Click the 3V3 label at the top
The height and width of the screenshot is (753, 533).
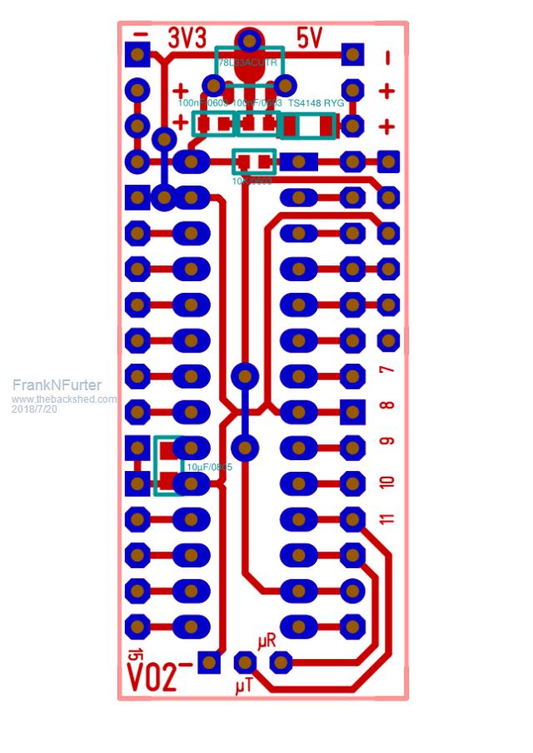pos(187,38)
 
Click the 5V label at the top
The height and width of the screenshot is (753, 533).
pos(309,38)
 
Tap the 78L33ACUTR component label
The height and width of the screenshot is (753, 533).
pos(248,63)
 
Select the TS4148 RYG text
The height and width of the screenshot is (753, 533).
pos(316,103)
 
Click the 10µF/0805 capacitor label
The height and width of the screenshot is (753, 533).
pos(208,468)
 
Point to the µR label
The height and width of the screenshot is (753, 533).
pos(266,642)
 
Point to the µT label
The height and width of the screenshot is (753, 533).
pos(244,686)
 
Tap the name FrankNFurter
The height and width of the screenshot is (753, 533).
pos(57,385)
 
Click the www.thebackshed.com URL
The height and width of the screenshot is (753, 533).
pos(64,399)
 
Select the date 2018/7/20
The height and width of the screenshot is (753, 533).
pos(34,409)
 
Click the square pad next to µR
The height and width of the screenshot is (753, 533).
pos(281,662)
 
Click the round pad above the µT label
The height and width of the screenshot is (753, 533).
pos(244,662)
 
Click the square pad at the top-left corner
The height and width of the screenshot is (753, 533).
pos(137,55)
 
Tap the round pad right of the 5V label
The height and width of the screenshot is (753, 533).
pos(352,55)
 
